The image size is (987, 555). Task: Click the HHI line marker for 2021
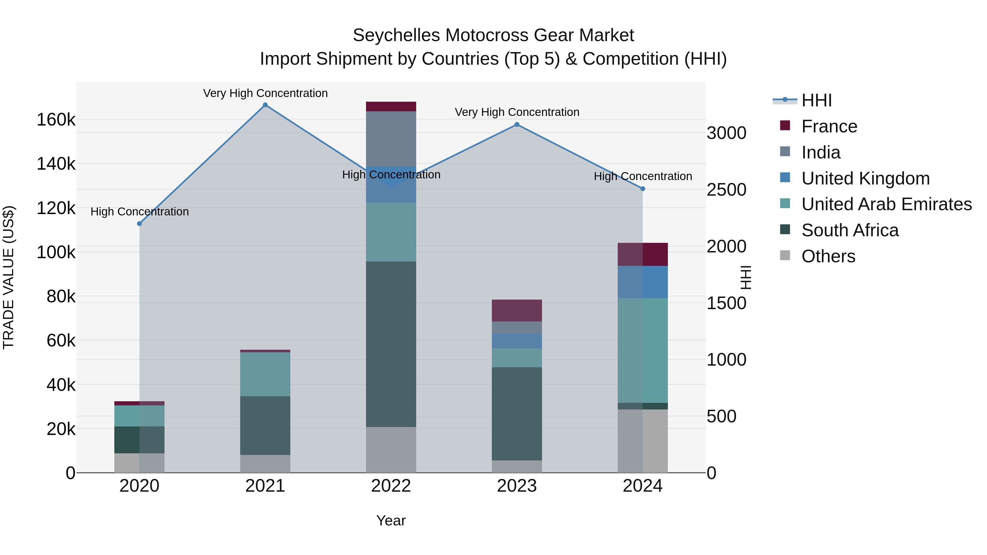[265, 105]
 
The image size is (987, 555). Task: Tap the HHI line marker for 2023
[517, 124]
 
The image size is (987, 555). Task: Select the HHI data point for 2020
[140, 224]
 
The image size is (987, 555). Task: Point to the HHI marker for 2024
[643, 189]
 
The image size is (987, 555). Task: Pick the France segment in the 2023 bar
[517, 311]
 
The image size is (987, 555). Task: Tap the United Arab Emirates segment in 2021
[265, 374]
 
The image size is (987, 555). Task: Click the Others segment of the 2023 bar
[517, 466]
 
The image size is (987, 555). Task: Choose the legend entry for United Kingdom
[865, 178]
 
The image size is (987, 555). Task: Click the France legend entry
[829, 126]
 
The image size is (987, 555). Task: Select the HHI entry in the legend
[816, 100]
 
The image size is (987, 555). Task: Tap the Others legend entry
[828, 256]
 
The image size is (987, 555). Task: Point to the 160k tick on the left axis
[56, 120]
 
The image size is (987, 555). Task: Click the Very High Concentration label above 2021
[265, 93]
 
